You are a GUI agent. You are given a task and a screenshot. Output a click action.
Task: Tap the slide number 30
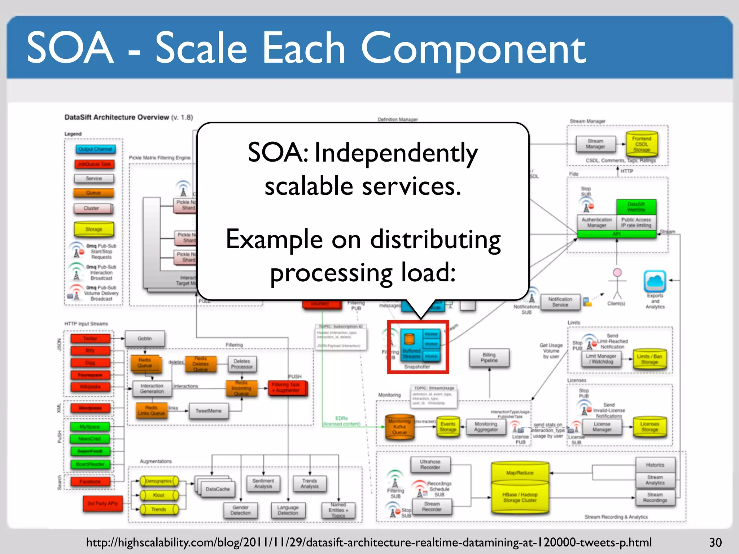click(715, 542)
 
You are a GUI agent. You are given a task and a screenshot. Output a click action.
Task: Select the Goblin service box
click(145, 339)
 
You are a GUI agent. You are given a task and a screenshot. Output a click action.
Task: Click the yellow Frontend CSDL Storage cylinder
click(642, 144)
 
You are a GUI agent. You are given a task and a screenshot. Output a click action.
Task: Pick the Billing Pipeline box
click(489, 357)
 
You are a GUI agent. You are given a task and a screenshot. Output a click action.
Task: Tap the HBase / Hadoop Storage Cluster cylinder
click(520, 497)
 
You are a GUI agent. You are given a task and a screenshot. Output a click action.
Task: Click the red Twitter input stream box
click(91, 338)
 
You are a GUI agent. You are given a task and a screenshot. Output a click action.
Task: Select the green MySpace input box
click(90, 427)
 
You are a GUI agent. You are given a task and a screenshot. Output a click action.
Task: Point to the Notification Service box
click(560, 302)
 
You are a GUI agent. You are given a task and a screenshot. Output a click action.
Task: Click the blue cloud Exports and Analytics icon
click(655, 281)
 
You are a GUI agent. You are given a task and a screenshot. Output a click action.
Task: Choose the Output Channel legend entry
click(95, 149)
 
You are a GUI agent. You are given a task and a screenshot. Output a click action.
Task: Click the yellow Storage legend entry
click(94, 229)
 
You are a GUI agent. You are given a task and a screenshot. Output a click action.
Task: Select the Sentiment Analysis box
click(263, 484)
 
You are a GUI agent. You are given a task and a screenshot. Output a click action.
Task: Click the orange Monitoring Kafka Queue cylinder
click(399, 427)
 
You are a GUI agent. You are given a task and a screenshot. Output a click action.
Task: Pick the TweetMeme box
click(209, 411)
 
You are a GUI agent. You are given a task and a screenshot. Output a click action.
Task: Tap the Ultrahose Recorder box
click(430, 465)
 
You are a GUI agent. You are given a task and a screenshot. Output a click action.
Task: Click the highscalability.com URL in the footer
click(369, 542)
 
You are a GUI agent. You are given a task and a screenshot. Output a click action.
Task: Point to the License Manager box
click(602, 427)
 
